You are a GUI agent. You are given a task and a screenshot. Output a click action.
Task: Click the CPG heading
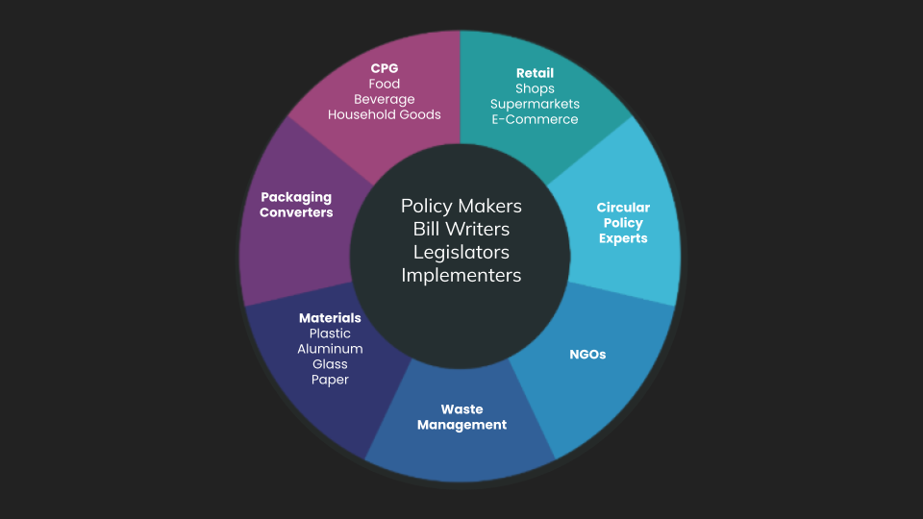coord(385,68)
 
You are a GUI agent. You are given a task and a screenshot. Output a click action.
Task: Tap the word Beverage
coord(385,99)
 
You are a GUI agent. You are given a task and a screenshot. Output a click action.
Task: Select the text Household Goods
coord(385,114)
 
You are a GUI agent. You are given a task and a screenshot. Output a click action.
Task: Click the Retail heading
coord(535,73)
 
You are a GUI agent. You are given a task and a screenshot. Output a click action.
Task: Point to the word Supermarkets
coord(535,104)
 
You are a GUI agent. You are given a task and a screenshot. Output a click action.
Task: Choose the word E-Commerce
coord(535,119)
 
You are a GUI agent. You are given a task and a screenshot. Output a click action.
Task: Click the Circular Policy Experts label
coord(623,223)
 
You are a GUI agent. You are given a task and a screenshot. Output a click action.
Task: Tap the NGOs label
coord(587,354)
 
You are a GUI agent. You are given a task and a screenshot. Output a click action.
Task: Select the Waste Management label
coord(461,417)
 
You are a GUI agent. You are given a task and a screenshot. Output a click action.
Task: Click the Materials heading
coord(330,318)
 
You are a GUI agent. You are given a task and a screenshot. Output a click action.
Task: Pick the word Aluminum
coord(330,349)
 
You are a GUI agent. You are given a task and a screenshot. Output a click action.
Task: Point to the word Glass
coord(330,364)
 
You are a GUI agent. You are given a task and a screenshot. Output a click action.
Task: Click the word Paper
coord(330,380)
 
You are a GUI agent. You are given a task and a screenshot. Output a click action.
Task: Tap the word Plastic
coord(330,334)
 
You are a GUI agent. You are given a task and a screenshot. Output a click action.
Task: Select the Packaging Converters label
coord(296,205)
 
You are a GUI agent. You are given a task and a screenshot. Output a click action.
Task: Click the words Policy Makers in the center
coord(461,207)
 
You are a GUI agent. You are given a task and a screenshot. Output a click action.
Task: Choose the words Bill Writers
coord(461,230)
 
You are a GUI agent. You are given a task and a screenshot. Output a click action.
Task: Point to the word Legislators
coord(461,253)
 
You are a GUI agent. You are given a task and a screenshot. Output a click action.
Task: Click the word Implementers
coord(461,276)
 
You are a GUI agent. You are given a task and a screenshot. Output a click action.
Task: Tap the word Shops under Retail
coord(535,88)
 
